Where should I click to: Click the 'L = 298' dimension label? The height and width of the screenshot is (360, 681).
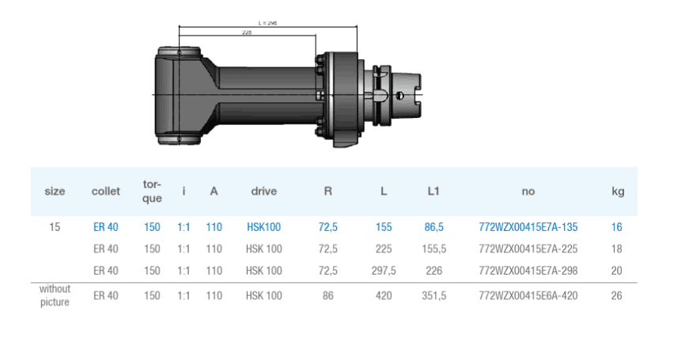point(267,23)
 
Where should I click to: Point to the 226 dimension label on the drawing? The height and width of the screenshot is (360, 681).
point(247,32)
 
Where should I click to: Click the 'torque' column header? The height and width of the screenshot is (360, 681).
point(153,191)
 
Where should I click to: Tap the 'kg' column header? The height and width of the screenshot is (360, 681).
point(618,191)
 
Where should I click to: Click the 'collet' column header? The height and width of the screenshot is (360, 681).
point(106,191)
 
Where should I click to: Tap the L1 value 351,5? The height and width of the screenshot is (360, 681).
point(433,296)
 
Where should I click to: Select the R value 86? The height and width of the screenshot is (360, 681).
point(327,296)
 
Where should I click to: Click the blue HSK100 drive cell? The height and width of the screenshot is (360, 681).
point(263,227)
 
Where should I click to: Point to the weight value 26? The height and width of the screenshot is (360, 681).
point(617,296)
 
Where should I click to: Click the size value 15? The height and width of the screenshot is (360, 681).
point(55,227)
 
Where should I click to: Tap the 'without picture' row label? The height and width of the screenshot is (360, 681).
point(55,296)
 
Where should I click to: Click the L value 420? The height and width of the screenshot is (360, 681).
point(384,296)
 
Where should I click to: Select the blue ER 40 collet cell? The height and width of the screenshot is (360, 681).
point(105,227)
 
